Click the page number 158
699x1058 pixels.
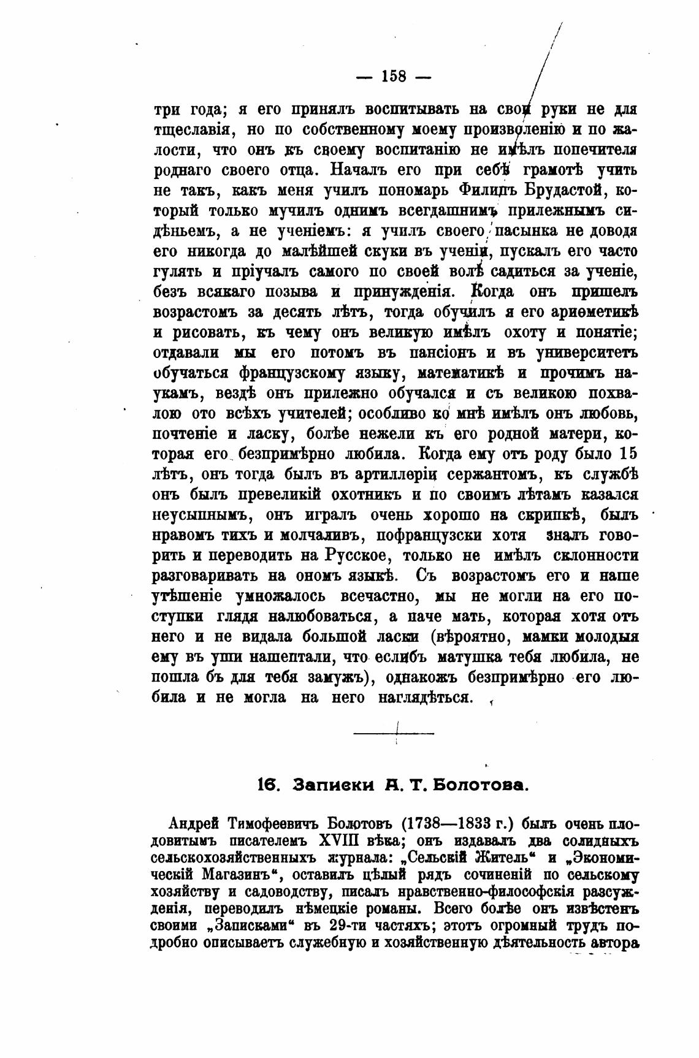[x=394, y=77]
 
